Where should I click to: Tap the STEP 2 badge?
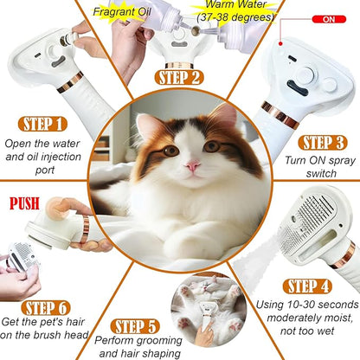coord(180,76)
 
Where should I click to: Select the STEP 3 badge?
coord(325,142)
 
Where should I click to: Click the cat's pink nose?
coord(192,164)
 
